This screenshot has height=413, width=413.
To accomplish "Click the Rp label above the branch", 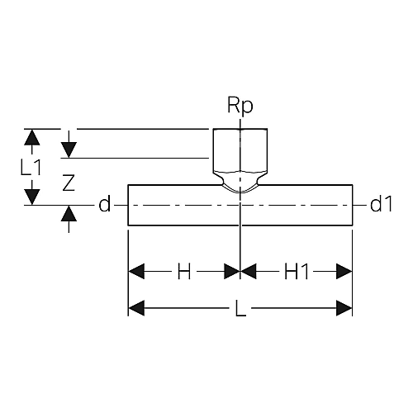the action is [240, 106].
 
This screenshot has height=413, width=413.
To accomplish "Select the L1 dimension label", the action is [31, 168].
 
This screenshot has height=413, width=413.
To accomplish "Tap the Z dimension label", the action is [69, 183].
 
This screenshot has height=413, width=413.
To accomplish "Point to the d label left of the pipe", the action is [105, 204].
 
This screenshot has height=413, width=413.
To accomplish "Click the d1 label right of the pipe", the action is [382, 204].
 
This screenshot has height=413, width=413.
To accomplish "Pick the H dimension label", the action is [184, 271].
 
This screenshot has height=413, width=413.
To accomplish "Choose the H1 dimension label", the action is [297, 271].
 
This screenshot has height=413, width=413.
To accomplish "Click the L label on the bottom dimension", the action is [240, 308].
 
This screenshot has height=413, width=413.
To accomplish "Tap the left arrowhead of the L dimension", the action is [136, 308].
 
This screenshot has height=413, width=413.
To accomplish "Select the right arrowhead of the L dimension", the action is [344, 308].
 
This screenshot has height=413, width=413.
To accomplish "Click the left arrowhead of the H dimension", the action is [136, 271].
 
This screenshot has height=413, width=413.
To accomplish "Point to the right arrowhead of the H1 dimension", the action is [344, 271].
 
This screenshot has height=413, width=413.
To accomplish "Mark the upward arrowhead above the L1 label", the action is [32, 137].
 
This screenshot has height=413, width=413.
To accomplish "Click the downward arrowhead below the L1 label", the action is [32, 197].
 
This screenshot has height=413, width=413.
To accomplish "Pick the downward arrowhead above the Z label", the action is [69, 150].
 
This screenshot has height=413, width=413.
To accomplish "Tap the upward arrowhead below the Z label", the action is [69, 213].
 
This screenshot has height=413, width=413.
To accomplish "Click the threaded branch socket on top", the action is [240, 150].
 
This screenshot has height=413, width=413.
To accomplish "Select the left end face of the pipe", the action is [128, 205].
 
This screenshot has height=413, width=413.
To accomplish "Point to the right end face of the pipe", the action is [353, 205].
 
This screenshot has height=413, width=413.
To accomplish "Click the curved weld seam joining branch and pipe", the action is [240, 191].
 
